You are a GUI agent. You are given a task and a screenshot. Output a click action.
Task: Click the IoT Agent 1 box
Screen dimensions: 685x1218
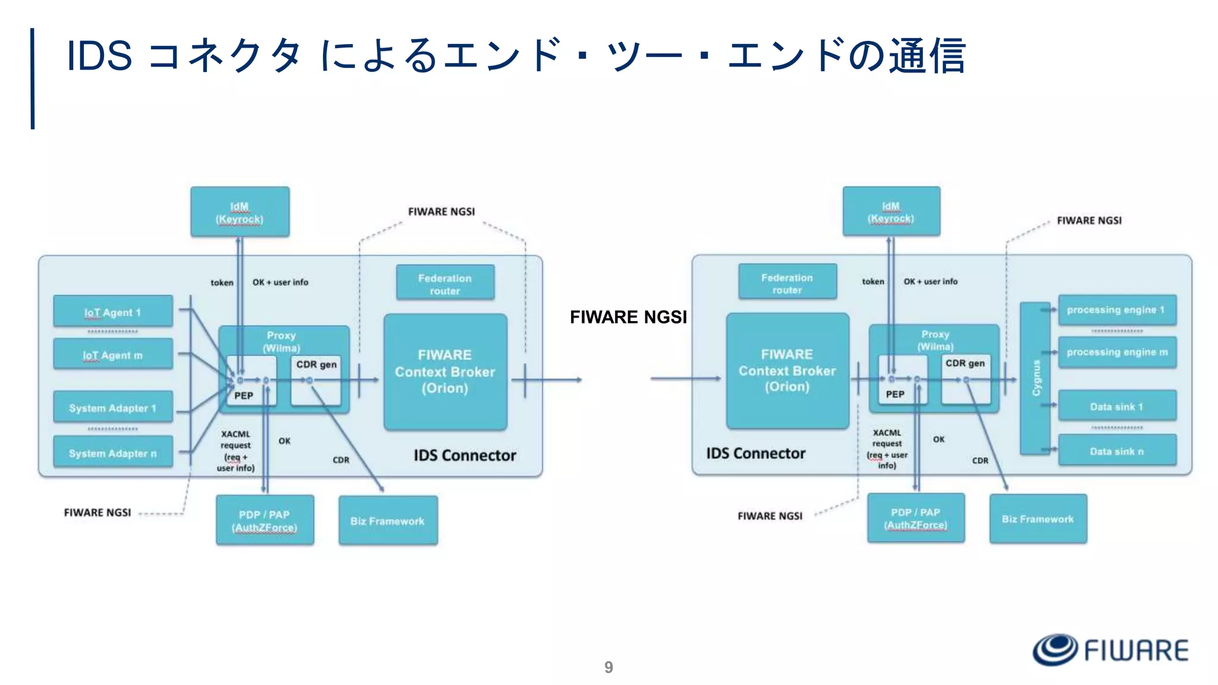[113, 312]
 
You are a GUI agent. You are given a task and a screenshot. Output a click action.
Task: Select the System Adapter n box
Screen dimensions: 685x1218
[113, 453]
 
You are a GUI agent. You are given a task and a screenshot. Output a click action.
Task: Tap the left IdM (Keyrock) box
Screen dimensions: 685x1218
[240, 212]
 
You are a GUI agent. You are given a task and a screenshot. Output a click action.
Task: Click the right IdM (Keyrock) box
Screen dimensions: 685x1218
[891, 212]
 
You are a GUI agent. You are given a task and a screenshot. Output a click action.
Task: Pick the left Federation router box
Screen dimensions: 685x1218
[445, 284]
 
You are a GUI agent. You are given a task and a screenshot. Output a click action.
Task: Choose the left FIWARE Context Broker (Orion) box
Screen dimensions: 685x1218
[445, 372]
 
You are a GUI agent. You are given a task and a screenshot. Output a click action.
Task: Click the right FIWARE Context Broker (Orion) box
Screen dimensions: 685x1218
[787, 370]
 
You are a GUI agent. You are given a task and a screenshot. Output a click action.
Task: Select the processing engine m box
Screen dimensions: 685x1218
[1117, 352]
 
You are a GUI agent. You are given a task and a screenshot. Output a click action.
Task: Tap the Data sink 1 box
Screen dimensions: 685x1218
[1117, 407]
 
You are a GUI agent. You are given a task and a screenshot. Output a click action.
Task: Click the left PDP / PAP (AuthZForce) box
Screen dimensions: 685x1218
[265, 520]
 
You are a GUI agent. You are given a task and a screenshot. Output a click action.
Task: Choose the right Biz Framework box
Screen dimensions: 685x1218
[1038, 519]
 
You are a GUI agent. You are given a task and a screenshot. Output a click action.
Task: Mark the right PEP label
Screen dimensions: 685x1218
[895, 394]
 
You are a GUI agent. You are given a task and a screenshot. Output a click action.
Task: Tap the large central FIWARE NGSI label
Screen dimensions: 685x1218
[628, 317]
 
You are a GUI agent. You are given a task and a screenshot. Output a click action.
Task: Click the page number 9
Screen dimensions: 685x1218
[608, 667]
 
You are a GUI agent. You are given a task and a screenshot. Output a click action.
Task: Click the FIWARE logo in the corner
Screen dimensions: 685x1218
[1110, 649]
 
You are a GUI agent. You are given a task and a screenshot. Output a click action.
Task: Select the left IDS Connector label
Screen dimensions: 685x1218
[465, 455]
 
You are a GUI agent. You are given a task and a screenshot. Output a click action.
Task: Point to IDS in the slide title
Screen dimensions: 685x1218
[99, 55]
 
